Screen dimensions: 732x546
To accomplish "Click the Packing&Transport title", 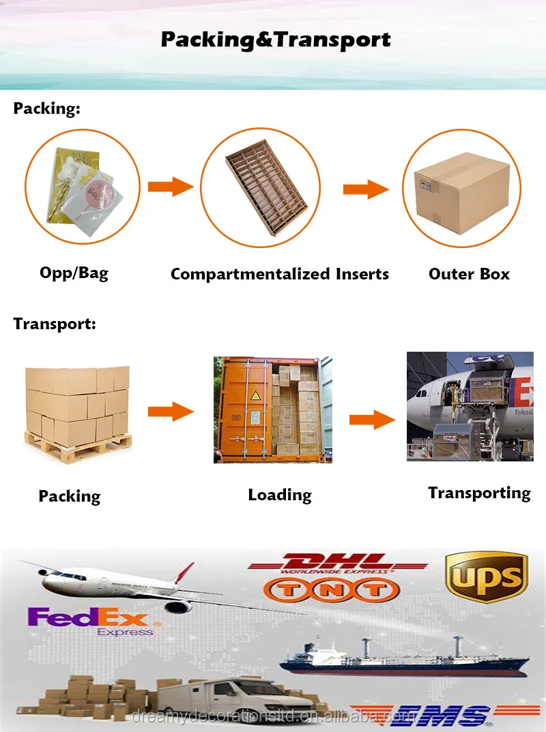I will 276,40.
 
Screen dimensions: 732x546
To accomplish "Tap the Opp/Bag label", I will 74,273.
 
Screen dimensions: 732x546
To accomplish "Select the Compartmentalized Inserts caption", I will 279,274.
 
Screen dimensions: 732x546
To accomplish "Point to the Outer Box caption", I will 469,274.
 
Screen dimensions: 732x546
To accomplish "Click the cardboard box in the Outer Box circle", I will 461,187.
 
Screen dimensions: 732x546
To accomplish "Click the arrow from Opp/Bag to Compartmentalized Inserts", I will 171,185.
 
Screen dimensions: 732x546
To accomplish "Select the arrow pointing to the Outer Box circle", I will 365,189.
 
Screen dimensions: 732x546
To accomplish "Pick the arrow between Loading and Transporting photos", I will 372,420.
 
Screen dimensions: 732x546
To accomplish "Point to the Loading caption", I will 280,495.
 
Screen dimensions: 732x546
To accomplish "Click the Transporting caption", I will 479,493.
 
